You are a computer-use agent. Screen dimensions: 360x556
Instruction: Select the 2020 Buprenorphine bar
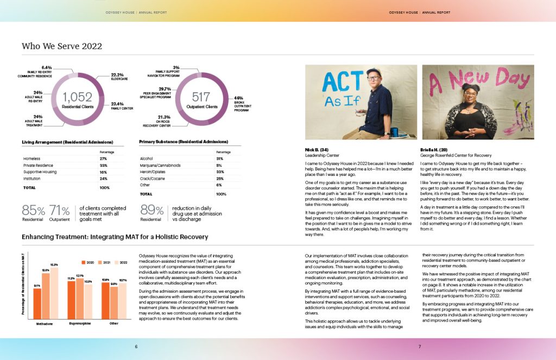point(71,300)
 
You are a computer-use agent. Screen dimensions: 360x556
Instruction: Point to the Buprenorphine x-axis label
point(79,323)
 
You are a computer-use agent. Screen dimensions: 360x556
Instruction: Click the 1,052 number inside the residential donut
point(77,98)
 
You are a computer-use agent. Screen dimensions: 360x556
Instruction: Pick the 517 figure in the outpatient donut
point(201,98)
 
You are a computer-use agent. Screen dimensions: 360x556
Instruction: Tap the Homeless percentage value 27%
point(104,159)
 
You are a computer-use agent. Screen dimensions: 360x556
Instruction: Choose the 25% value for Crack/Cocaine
point(219,178)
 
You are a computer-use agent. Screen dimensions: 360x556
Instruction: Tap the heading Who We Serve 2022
point(62,46)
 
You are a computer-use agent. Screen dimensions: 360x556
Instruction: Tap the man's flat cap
point(374,72)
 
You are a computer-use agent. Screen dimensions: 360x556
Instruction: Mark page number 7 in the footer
point(419,346)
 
